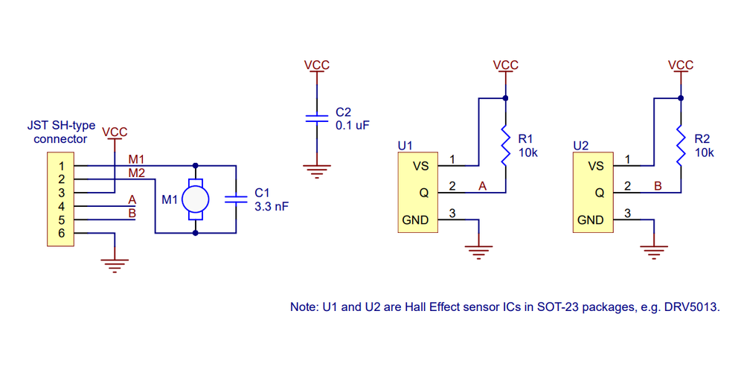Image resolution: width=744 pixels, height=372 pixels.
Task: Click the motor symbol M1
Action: tap(196, 199)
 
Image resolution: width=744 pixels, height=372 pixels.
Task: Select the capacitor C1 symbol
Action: tap(236, 199)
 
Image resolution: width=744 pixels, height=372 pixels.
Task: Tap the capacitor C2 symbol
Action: tap(316, 118)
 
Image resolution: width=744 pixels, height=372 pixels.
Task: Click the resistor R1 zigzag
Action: tap(506, 146)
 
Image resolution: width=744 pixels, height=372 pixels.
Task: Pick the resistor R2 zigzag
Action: tap(682, 146)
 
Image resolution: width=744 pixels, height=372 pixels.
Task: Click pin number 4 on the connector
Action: tap(62, 206)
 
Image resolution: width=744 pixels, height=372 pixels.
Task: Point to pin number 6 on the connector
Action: tap(62, 234)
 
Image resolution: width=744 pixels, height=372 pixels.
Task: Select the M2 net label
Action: tap(137, 173)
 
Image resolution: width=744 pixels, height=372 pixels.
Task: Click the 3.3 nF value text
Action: tap(272, 207)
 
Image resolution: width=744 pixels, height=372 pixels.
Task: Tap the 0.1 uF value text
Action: tap(353, 126)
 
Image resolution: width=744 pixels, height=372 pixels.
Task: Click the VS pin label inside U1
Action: tap(421, 166)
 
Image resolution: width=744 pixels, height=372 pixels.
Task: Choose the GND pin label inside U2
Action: tap(591, 220)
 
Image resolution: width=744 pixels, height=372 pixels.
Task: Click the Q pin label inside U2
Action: tap(600, 193)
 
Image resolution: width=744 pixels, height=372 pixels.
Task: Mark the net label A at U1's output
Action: tap(483, 187)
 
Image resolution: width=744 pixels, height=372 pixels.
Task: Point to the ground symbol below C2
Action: tap(316, 171)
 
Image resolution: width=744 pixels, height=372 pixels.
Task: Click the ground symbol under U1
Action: tap(478, 252)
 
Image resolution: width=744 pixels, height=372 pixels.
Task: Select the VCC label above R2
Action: tap(681, 65)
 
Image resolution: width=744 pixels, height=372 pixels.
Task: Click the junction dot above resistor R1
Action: tap(506, 98)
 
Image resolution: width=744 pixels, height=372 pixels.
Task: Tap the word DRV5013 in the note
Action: tap(696, 307)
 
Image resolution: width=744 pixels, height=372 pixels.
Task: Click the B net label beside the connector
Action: tap(132, 213)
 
